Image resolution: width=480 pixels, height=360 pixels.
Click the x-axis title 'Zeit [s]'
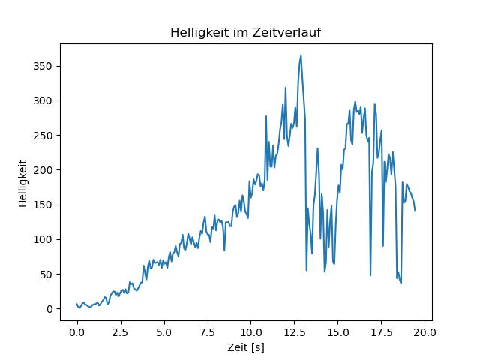click(x=246, y=348)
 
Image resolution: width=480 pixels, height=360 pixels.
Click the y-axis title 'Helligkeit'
click(x=23, y=183)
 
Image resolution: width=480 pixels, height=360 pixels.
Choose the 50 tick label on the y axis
click(x=46, y=274)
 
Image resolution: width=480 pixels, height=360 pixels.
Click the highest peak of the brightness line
click(x=301, y=55)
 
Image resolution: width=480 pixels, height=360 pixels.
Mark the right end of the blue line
click(x=415, y=211)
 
